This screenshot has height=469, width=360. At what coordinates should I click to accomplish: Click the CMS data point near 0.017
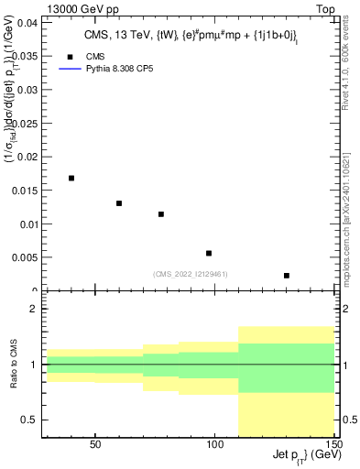click(x=71, y=178)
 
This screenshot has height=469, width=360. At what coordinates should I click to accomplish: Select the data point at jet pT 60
click(x=119, y=203)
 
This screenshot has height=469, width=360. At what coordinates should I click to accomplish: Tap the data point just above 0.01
click(x=161, y=214)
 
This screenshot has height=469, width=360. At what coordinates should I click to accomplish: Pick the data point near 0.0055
click(x=209, y=253)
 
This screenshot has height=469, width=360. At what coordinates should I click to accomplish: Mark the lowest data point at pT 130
click(x=287, y=276)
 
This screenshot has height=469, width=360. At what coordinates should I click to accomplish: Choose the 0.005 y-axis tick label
click(x=26, y=257)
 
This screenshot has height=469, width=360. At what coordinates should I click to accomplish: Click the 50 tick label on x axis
click(x=95, y=445)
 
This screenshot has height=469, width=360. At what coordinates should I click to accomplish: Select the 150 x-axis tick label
click(x=335, y=445)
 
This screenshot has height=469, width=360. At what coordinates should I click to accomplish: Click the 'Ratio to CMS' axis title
click(x=13, y=365)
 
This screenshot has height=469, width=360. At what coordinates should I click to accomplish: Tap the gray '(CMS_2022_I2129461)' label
click(x=190, y=273)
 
